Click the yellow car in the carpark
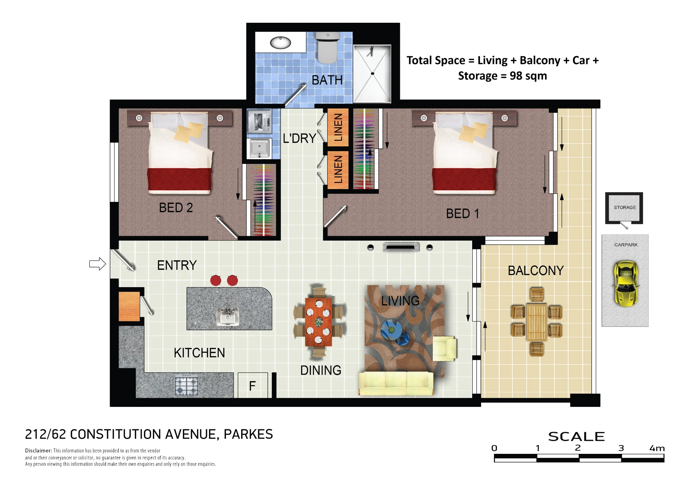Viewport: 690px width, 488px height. click(x=625, y=284)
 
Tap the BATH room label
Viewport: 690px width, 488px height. click(x=327, y=80)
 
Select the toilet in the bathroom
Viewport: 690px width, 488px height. click(x=327, y=48)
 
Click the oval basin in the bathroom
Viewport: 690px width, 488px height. click(x=280, y=43)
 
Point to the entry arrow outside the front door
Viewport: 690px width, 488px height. click(x=98, y=264)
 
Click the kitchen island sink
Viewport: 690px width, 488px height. click(x=228, y=316)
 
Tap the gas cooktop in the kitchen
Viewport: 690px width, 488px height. click(x=187, y=385)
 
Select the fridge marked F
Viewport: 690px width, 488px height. click(x=253, y=385)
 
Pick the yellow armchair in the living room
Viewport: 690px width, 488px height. click(x=445, y=349)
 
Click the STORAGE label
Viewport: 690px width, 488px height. click(x=624, y=207)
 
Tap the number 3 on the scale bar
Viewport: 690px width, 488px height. click(x=621, y=448)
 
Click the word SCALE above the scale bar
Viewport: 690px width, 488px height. click(x=576, y=437)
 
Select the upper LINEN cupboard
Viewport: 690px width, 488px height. click(x=338, y=127)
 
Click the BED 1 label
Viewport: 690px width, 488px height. click(x=462, y=214)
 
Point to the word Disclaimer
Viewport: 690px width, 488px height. click(x=38, y=451)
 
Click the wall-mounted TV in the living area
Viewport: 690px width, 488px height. click(x=401, y=247)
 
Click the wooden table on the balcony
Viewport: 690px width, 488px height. click(x=536, y=322)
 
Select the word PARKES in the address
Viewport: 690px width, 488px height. click(x=248, y=434)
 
